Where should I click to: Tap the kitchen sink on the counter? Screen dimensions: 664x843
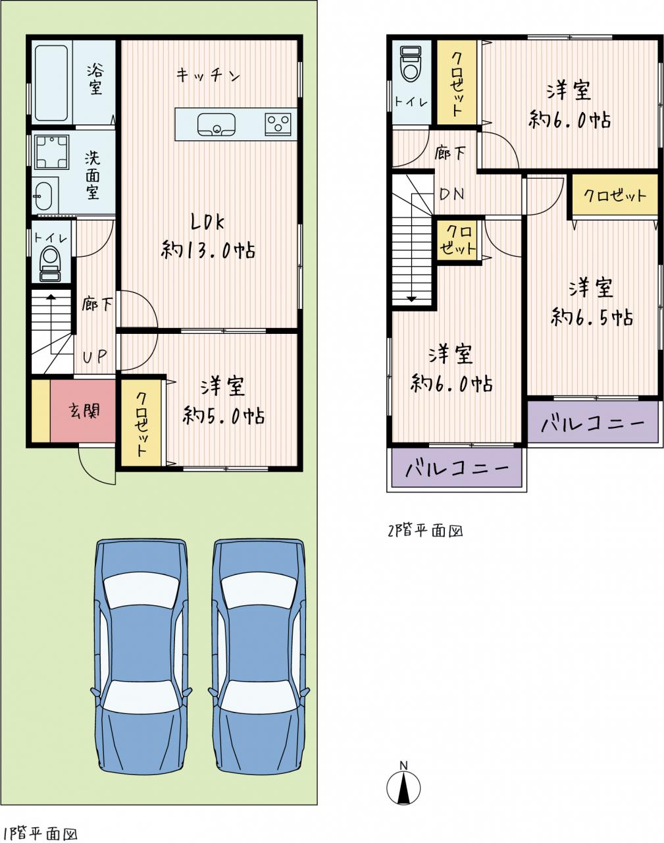tap(216, 124)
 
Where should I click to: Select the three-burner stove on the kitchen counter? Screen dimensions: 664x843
tap(278, 124)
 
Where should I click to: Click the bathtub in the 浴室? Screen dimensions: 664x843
tap(51, 83)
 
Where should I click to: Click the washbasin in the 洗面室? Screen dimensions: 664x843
tap(45, 195)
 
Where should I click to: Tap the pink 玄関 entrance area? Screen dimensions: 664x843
tap(83, 410)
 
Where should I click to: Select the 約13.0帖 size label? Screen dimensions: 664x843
tap(209, 250)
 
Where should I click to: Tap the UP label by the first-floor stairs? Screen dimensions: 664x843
tap(95, 356)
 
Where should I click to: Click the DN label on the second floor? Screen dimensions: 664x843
tap(452, 194)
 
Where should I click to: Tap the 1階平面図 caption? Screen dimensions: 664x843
tap(39, 830)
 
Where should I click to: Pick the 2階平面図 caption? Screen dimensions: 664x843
tap(425, 531)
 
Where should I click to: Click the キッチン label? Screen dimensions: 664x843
tap(207, 74)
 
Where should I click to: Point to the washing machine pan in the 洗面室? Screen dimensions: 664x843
tap(51, 152)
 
